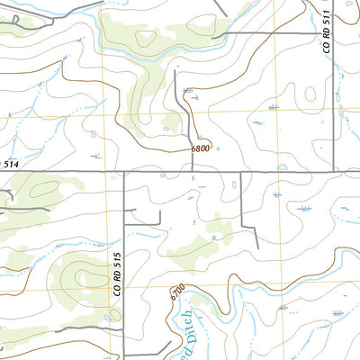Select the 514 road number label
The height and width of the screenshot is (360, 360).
10,164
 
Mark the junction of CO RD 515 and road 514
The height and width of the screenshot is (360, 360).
123,171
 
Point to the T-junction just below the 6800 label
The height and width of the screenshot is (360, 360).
193,171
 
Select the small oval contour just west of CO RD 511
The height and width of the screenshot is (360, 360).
310,92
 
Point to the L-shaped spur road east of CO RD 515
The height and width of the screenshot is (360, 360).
148,216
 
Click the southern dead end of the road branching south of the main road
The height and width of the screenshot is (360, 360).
256,249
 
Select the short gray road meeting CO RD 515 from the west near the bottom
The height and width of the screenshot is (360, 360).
90,329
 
